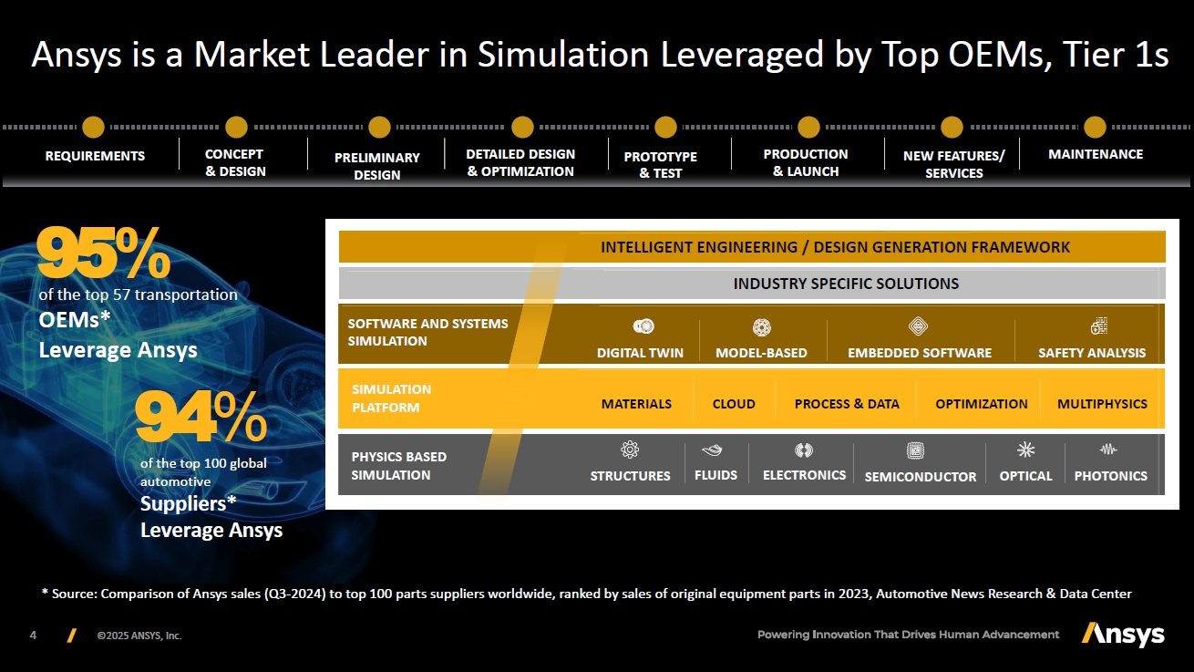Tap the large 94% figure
[201, 417]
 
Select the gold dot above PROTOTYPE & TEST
[665, 128]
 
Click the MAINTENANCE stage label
[1095, 154]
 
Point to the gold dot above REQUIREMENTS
[94, 128]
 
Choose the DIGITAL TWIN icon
[643, 326]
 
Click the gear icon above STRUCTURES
[630, 450]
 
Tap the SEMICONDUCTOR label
[920, 476]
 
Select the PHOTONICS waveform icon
[1108, 450]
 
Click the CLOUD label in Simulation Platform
[734, 404]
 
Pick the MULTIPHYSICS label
[1102, 404]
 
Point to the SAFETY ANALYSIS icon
[1098, 326]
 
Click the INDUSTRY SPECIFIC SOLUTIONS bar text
[846, 284]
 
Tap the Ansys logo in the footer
[1123, 635]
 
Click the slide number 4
[33, 636]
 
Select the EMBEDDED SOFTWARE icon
[918, 326]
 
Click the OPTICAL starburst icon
[1025, 450]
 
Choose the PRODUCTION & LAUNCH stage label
[806, 162]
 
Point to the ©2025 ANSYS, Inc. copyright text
[139, 636]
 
